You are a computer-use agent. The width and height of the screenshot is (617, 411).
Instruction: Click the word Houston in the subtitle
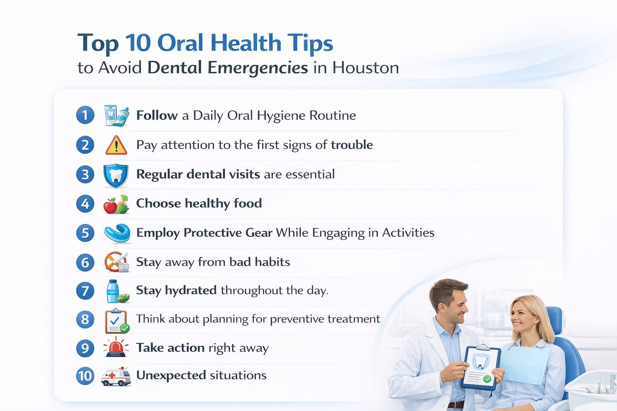(x=366, y=68)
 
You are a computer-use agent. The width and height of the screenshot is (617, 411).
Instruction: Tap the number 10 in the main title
(x=138, y=43)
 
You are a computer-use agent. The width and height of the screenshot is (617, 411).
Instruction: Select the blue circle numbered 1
(x=85, y=115)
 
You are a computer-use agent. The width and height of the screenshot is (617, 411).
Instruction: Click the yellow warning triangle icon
(x=116, y=145)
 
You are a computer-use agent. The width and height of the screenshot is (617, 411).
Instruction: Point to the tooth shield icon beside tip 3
(x=116, y=175)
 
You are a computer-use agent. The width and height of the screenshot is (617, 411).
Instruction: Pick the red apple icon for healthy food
(x=110, y=206)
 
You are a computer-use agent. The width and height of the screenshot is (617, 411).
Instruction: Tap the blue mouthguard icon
(x=117, y=233)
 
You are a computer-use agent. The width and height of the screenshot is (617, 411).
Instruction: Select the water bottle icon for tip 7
(x=113, y=291)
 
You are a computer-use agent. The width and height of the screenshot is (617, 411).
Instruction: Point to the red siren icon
(x=116, y=348)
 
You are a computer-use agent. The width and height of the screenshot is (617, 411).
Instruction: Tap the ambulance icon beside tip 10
(x=116, y=377)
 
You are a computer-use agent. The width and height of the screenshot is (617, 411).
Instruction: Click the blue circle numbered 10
(x=85, y=376)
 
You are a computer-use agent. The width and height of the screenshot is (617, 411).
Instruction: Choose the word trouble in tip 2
(x=352, y=145)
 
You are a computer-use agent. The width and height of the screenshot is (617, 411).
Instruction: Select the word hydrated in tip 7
(x=191, y=290)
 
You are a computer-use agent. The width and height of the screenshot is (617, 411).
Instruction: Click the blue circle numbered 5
(x=85, y=233)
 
